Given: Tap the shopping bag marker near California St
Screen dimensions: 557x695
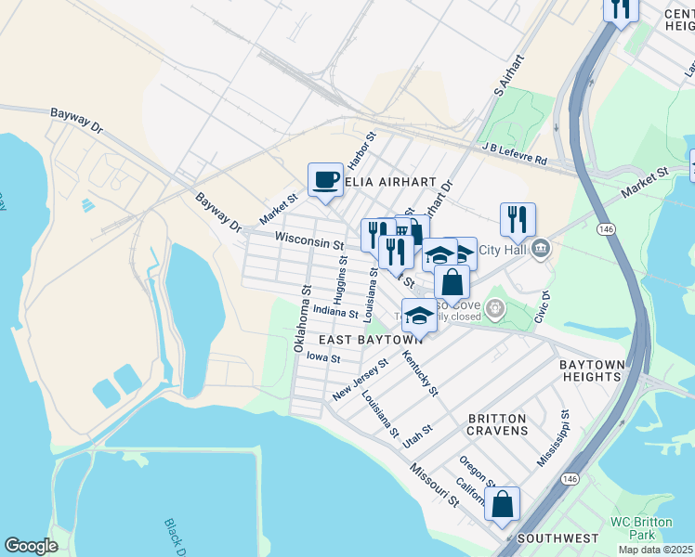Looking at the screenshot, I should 502,504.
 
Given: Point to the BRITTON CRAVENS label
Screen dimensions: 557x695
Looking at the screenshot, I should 498,424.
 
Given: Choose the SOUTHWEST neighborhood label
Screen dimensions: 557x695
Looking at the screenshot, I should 557,538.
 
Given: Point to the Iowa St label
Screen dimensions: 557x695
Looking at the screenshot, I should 323,357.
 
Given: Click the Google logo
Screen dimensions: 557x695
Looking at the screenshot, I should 31,546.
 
